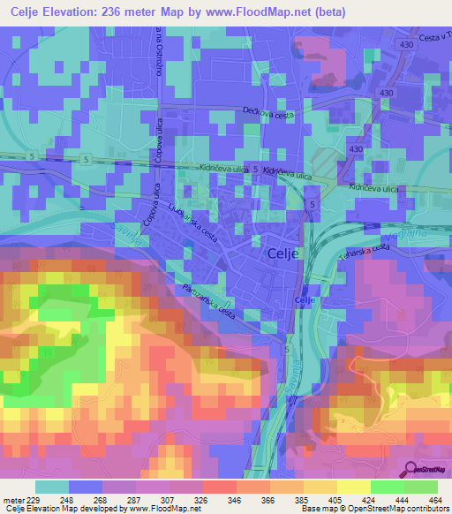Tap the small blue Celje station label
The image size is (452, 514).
[x=305, y=301]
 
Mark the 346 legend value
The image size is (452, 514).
[x=235, y=500]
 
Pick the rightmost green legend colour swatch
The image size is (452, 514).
[x=420, y=487]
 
